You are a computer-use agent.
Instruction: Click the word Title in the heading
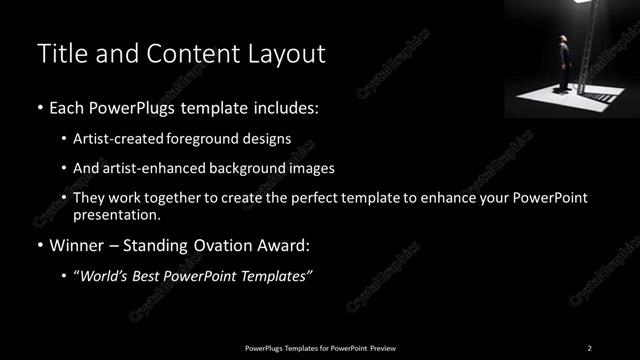point(61,54)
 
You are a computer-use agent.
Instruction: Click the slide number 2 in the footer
point(590,347)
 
